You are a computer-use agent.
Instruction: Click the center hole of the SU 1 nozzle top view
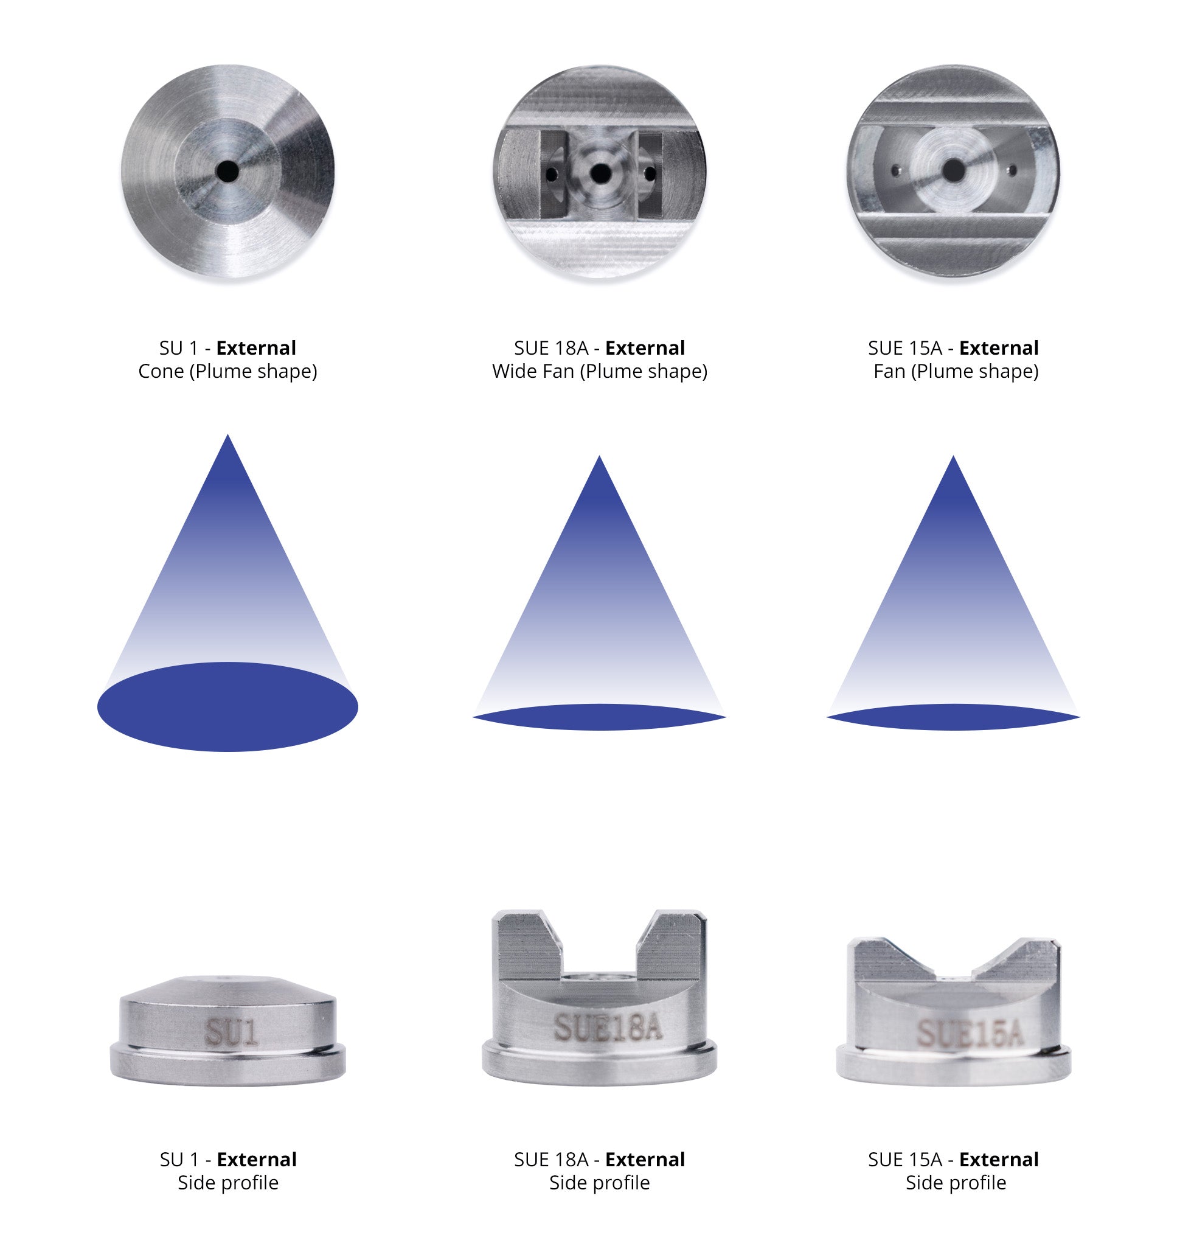[227, 170]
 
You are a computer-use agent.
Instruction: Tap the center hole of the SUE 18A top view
[600, 172]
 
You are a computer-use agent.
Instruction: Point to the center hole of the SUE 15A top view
[953, 170]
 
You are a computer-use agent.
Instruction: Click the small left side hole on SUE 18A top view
[552, 173]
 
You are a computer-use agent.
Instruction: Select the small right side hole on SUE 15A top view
[1012, 170]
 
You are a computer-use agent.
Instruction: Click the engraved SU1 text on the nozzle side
[231, 1032]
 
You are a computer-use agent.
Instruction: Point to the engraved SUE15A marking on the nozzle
[970, 1032]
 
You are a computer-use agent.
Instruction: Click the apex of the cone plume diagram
[227, 434]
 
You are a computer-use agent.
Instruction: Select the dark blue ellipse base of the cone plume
[227, 706]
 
